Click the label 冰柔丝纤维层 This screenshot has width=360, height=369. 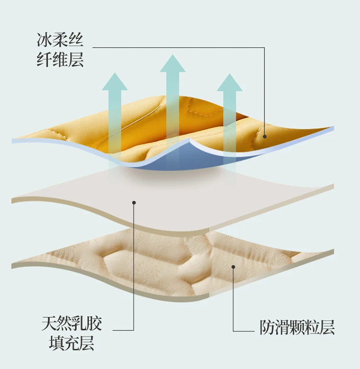60,50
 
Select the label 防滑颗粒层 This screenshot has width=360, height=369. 297,328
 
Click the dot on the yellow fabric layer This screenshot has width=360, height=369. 265,137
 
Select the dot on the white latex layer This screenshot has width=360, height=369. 134,203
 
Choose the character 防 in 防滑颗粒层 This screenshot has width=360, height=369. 267,328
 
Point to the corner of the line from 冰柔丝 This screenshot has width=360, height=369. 265,47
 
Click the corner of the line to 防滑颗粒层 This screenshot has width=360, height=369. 233,331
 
